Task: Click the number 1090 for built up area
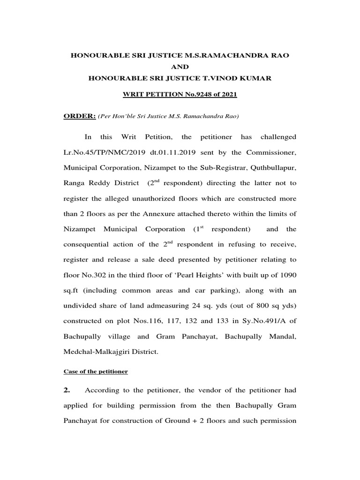click(x=287, y=276)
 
